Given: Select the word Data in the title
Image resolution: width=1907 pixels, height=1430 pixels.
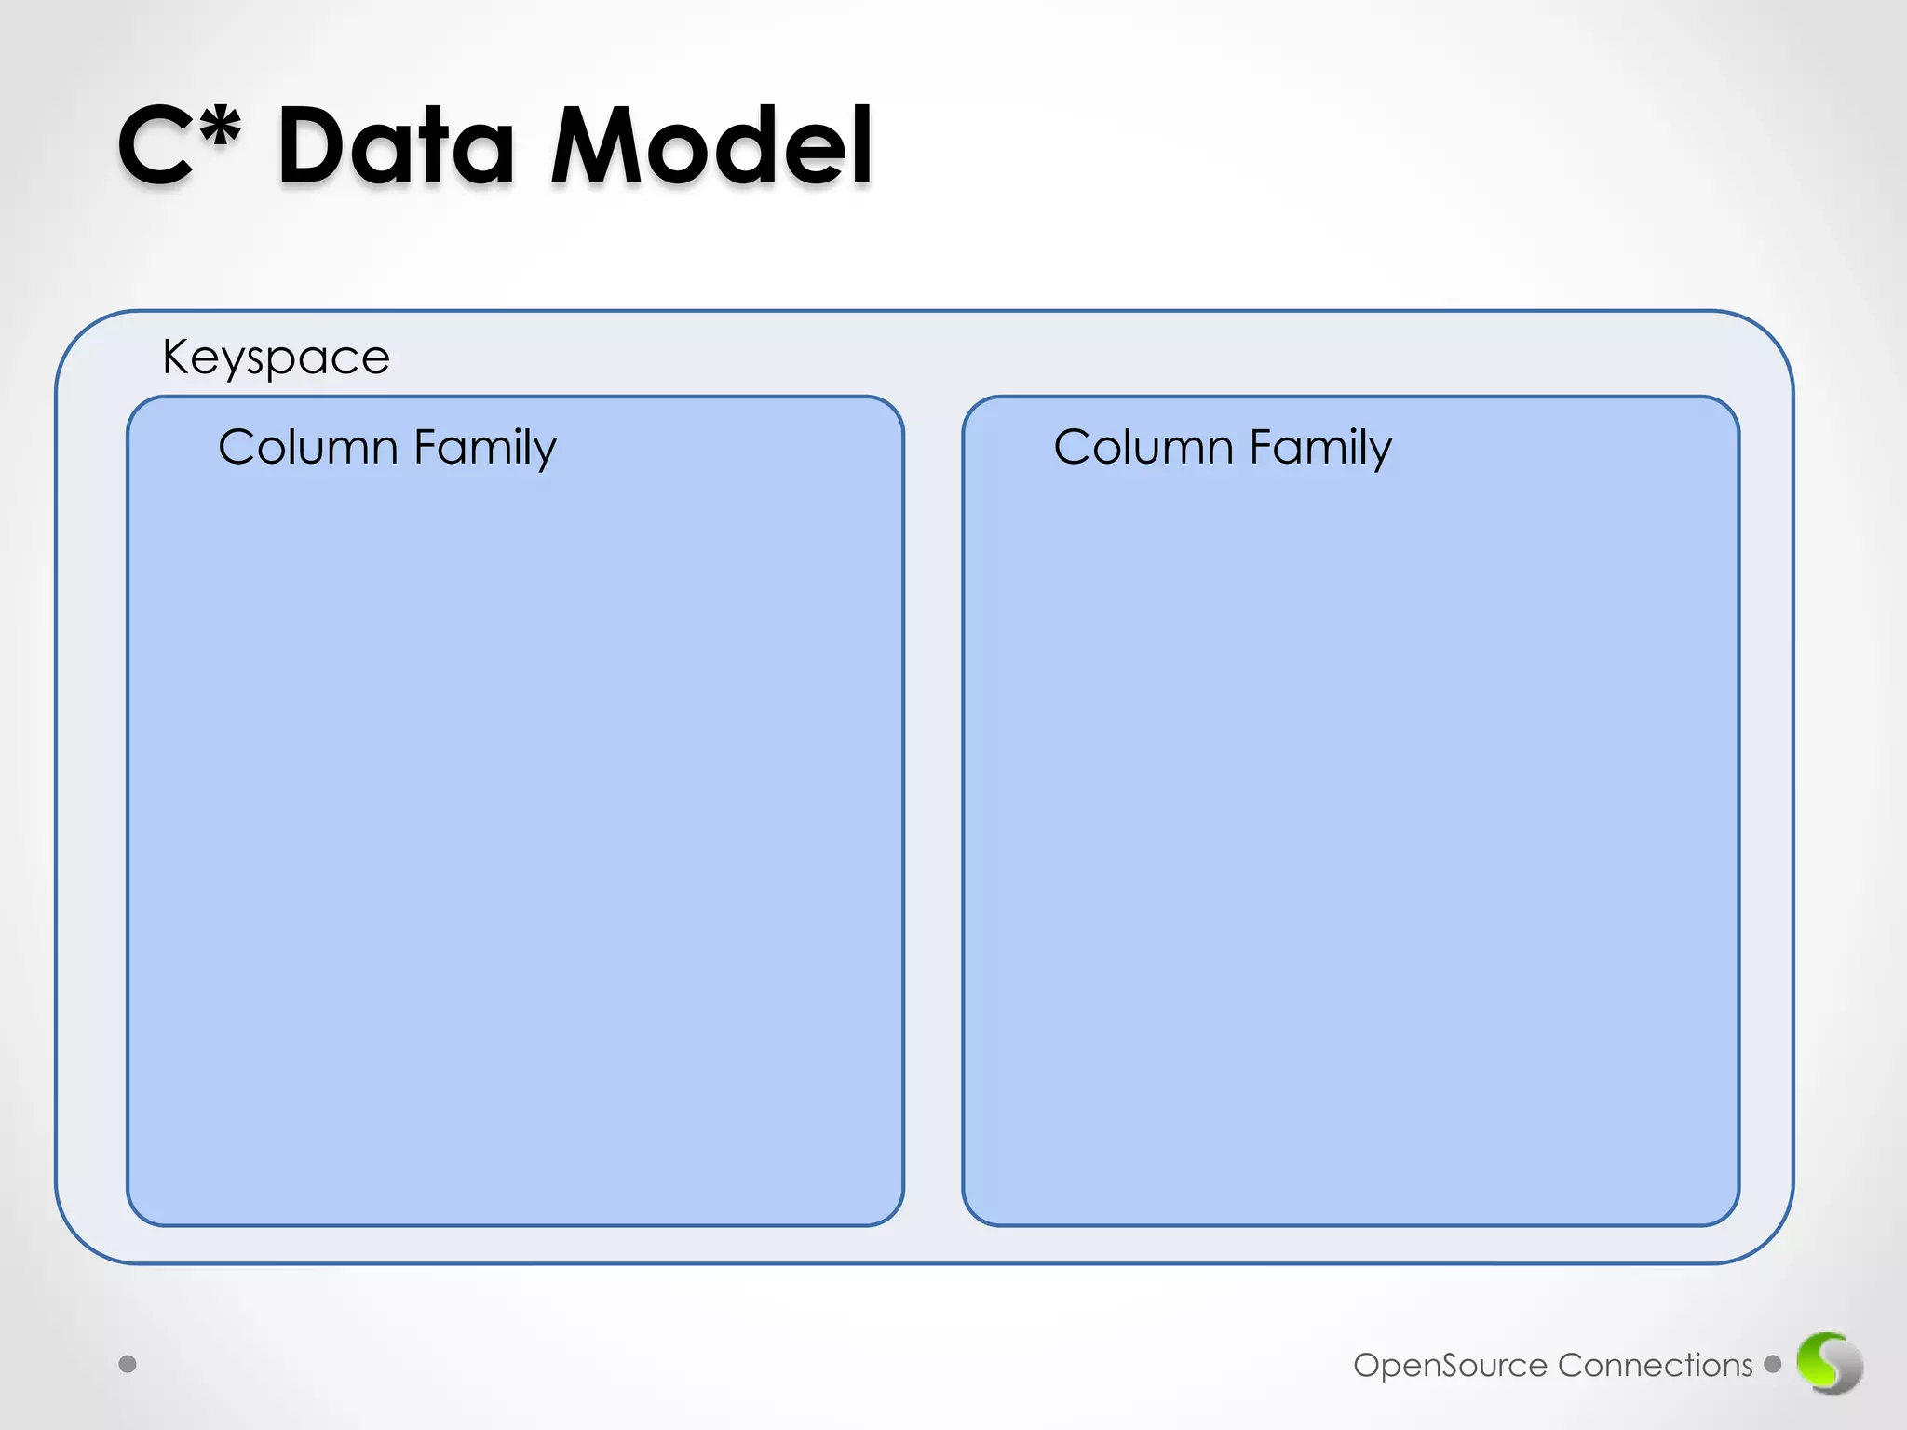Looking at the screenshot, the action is coord(396,147).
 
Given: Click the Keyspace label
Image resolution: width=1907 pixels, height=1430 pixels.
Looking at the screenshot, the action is coord(276,357).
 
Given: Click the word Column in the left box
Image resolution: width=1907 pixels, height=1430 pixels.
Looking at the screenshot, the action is coord(308,447).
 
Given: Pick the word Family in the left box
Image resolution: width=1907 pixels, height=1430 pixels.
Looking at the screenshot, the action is coord(484,448).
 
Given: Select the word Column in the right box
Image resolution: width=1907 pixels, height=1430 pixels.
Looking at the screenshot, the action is coord(1143,447).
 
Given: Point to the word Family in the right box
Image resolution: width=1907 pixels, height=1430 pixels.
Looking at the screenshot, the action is coord(1320,448).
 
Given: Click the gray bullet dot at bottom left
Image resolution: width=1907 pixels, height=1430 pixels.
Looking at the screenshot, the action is coord(128,1364).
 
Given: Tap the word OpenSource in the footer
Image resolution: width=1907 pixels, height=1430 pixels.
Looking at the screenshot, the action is coord(1450,1366).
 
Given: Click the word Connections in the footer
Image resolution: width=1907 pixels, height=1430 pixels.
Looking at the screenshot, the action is coord(1655,1365).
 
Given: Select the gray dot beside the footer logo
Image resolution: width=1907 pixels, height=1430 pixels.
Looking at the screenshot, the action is coord(1773,1364).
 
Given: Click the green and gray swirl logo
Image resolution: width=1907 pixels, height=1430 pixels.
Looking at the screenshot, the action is coord(1829,1363).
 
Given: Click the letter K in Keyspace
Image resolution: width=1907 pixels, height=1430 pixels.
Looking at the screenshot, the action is coord(175,356).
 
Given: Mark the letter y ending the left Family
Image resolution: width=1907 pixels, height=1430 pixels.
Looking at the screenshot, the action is coord(546,452).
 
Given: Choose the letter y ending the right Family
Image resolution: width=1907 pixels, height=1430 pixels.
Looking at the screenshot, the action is coord(1381,452).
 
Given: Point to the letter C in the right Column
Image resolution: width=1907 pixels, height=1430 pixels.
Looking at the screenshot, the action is coord(1073,447).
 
